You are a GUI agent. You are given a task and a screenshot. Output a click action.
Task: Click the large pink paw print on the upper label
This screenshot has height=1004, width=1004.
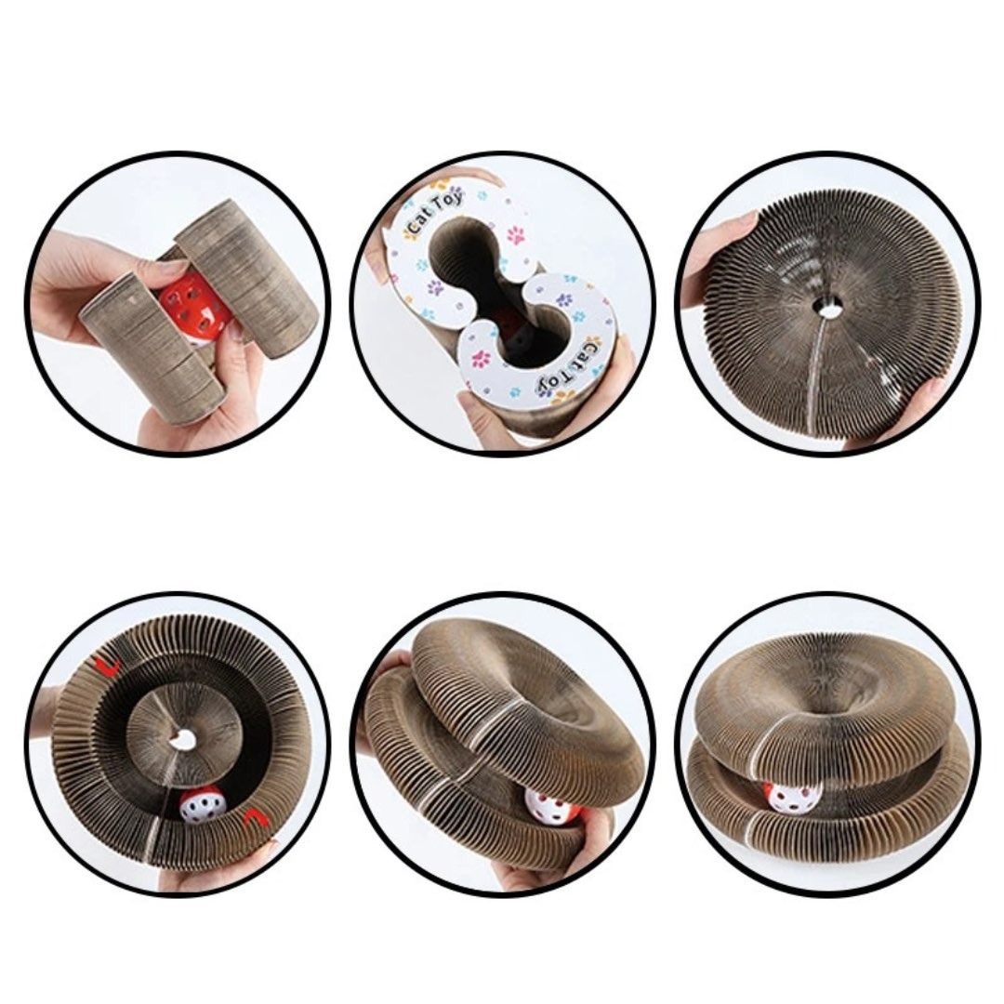[x=516, y=235]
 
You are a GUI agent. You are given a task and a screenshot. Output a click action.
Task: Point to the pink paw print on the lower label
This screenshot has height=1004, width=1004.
[x=482, y=359]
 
